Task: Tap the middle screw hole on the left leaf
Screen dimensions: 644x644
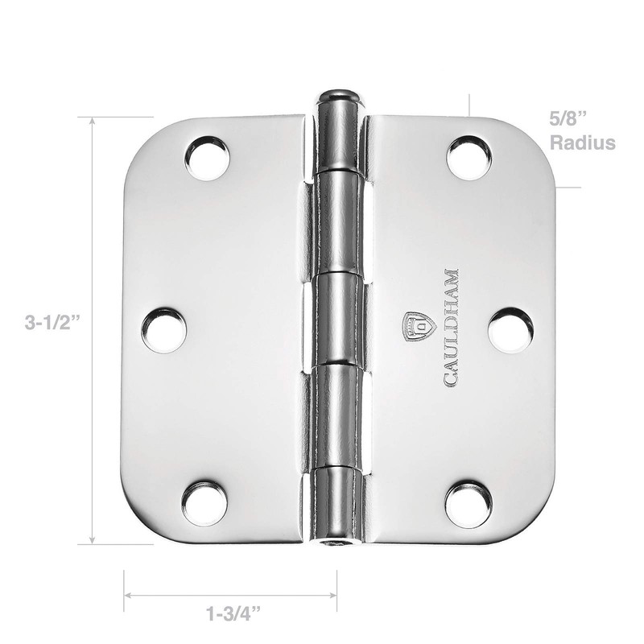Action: pos(164,330)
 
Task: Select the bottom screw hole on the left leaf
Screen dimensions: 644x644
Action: pos(204,503)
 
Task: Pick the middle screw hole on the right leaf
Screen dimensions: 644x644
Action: pos(510,330)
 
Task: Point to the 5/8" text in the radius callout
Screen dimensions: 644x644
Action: pos(568,119)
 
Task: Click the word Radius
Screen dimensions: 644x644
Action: pos(583,143)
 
